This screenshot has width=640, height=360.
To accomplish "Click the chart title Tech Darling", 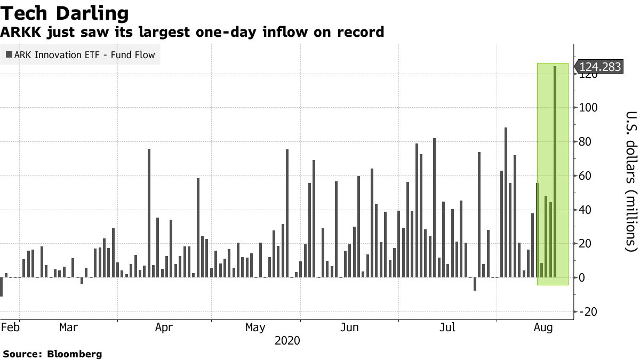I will coord(65,13).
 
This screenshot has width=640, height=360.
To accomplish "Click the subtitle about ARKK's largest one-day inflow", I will coord(192,33).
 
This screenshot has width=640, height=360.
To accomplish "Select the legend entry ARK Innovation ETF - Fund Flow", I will coord(80,54).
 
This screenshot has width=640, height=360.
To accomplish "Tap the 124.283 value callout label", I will coord(600,67).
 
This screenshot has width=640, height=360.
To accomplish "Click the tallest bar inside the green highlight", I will coord(555,171).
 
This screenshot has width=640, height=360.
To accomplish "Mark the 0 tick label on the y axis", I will coord(583,278).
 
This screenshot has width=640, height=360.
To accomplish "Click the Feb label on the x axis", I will coord(11,327).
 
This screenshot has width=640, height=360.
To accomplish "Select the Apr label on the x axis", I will coord(164,327).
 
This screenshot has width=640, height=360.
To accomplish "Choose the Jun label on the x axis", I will coord(349,327).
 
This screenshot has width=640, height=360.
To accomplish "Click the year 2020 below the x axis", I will coord(287,340).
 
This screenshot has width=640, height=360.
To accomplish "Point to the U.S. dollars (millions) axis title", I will coord(631,181).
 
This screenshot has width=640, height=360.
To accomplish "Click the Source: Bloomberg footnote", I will coord(52,354).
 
